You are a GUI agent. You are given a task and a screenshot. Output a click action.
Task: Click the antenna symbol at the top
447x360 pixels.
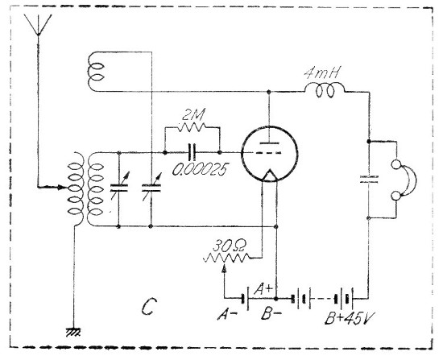[38, 25]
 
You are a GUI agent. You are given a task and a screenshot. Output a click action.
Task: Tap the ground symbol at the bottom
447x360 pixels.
[73, 332]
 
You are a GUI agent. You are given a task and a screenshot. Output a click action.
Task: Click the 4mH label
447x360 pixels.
[322, 73]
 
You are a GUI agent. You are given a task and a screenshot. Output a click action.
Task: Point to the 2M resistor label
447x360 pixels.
[193, 116]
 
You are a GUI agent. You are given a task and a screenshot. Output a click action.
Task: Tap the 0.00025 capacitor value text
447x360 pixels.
[201, 170]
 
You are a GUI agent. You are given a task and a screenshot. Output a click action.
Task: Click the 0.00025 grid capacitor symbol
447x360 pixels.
[192, 152]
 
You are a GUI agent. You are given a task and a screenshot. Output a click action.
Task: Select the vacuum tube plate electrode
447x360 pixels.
[269, 143]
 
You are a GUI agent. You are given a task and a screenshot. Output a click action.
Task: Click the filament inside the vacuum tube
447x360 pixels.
[269, 176]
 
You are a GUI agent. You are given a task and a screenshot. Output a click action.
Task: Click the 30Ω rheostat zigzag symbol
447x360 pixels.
[227, 259]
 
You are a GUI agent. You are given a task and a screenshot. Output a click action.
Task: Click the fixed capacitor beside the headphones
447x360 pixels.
[369, 179]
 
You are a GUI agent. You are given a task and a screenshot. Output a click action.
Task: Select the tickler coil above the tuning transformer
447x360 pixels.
[96, 72]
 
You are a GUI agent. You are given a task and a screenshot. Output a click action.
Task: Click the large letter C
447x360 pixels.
[149, 306]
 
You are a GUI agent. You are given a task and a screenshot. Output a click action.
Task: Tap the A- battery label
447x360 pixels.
[227, 315]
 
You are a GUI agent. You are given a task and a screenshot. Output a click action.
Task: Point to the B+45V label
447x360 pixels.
[350, 318]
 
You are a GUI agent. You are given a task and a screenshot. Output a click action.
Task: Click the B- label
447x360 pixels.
[271, 314]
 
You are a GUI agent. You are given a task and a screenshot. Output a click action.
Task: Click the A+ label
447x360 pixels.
[263, 289]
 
